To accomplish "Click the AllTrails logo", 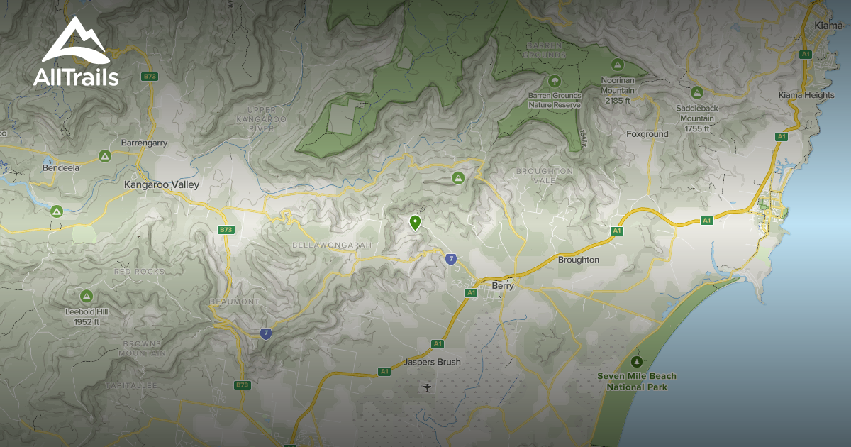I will click(x=76, y=53).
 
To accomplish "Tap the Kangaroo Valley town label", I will click(x=162, y=184).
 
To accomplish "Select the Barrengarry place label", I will click(x=144, y=143).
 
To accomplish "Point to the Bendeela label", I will click(x=61, y=168).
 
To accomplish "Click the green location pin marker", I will click(x=415, y=223).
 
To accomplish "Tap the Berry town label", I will click(x=502, y=286).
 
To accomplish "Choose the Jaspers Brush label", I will click(x=432, y=362).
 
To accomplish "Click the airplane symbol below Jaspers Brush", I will click(x=427, y=387).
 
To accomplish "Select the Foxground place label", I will click(x=647, y=134).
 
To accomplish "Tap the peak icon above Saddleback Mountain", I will click(x=696, y=92).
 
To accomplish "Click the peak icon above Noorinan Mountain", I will click(x=617, y=64).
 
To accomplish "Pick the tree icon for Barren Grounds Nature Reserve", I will click(x=554, y=80).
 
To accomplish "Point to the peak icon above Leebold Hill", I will click(x=87, y=295).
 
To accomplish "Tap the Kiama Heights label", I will click(x=806, y=95).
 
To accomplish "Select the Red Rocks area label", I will click(x=139, y=272).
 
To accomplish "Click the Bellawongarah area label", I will click(x=332, y=245).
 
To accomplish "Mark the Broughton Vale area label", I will click(x=544, y=176).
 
